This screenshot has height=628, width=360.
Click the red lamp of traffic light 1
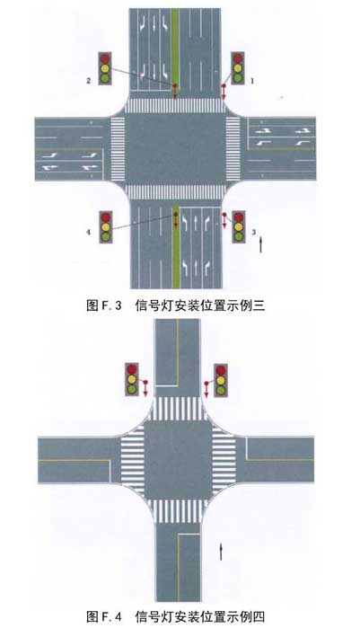(238, 58)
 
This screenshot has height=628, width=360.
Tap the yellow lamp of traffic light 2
(105, 68)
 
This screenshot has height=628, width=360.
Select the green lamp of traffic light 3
(239, 236)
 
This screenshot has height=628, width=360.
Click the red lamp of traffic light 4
(106, 217)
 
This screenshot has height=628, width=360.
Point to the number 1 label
(252, 81)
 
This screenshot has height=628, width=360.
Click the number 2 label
(89, 81)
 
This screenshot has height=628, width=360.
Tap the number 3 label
(253, 232)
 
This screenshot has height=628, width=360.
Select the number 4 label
(89, 232)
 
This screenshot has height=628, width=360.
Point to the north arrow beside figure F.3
(261, 244)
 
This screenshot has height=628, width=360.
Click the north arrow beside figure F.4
(221, 552)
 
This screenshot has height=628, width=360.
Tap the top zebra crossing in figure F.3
(175, 106)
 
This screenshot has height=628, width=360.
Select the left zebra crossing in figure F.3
(118, 148)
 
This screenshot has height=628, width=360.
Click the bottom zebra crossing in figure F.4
(178, 511)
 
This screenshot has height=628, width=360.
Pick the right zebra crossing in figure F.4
(224, 460)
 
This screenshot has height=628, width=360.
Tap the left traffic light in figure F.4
(132, 379)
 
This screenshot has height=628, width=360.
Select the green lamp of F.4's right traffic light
(221, 389)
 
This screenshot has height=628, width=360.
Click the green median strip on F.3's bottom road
(176, 248)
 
